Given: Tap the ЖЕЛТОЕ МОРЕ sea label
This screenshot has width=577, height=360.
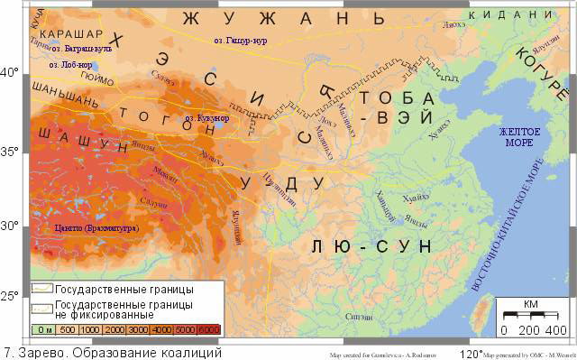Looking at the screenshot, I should click(x=520, y=138).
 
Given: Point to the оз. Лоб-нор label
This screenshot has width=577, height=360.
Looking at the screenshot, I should click(x=70, y=65).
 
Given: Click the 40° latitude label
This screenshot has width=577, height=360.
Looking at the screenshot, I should click(x=10, y=71).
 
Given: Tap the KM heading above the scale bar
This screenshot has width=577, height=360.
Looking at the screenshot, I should click(x=530, y=304).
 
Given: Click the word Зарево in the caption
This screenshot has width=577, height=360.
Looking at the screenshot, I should click(x=39, y=352).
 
